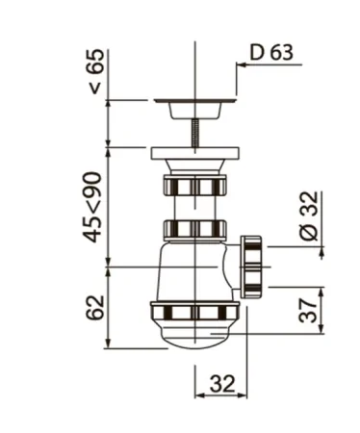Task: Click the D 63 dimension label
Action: [271, 52]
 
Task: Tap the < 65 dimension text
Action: [96, 71]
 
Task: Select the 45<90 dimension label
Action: [92, 207]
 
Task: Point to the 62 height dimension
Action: [95, 307]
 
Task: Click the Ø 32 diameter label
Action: [309, 216]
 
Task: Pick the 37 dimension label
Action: [308, 310]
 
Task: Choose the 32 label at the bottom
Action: [222, 383]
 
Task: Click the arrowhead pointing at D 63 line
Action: [241, 64]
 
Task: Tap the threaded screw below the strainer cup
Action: [195, 133]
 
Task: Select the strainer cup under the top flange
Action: [195, 111]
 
